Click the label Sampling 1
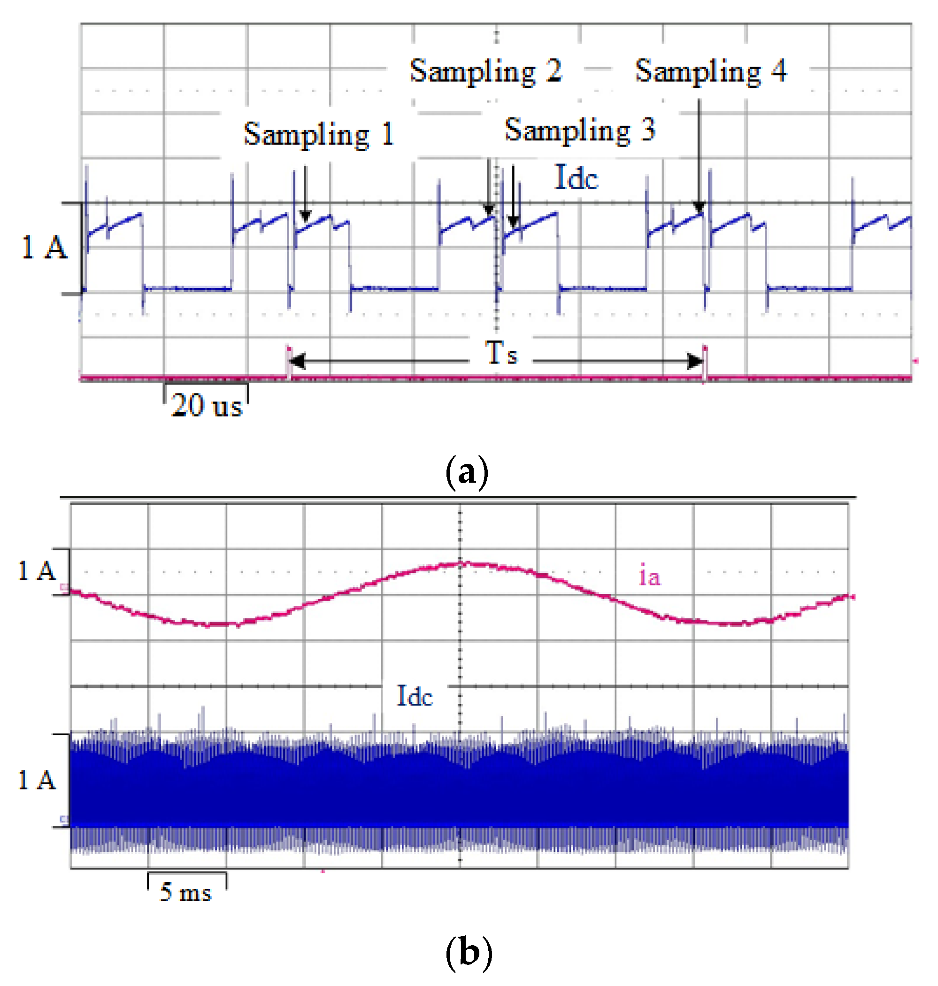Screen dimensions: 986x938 tap(319, 134)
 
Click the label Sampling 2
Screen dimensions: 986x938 tap(486, 71)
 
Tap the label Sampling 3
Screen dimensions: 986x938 tap(580, 130)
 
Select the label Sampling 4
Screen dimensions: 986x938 tap(710, 71)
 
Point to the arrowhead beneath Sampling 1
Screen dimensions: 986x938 tap(306, 216)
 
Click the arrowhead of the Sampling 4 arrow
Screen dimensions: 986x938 tap(699, 207)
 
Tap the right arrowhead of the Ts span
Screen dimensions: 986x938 tap(696, 361)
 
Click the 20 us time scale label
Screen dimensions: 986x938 tap(207, 405)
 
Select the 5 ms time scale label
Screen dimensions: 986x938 tap(185, 892)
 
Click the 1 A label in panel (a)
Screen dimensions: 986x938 tap(44, 247)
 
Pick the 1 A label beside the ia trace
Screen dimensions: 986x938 tap(37, 570)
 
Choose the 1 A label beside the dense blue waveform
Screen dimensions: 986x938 tap(37, 780)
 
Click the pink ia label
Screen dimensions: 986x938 tap(649, 576)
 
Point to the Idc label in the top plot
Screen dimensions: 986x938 tap(576, 177)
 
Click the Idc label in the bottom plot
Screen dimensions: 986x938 tap(415, 695)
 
